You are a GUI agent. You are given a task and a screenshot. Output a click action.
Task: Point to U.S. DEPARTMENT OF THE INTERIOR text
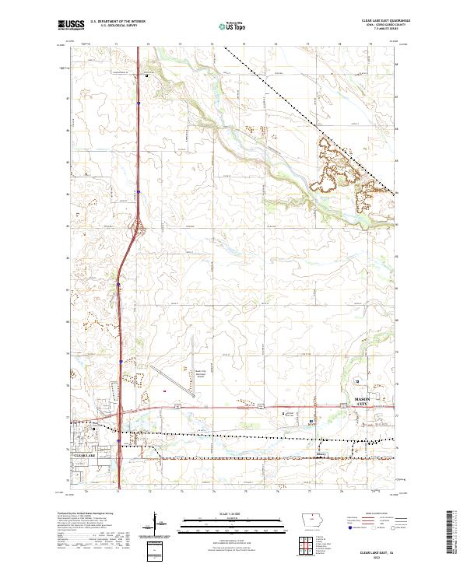coord(118,22)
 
